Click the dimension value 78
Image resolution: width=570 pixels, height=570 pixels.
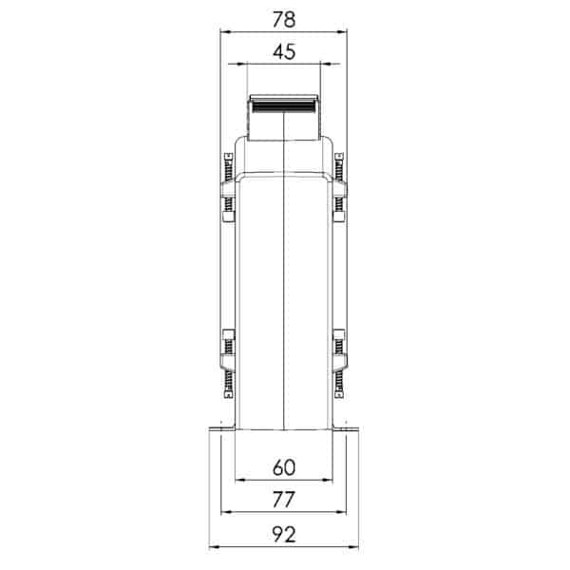(x=284, y=20)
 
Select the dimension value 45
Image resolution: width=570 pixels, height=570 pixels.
(x=284, y=52)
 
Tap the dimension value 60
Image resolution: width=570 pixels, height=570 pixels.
(x=284, y=467)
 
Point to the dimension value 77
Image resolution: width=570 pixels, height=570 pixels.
(x=284, y=500)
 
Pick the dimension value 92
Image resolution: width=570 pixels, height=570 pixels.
(x=284, y=534)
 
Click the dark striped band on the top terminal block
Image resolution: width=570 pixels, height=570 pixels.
(x=283, y=106)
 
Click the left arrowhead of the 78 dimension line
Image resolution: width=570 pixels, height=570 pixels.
(x=226, y=32)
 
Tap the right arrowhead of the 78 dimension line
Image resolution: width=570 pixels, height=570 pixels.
(x=342, y=32)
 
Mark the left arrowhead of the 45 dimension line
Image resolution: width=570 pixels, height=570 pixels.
(x=241, y=64)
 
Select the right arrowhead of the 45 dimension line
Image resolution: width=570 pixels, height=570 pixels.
(x=326, y=64)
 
